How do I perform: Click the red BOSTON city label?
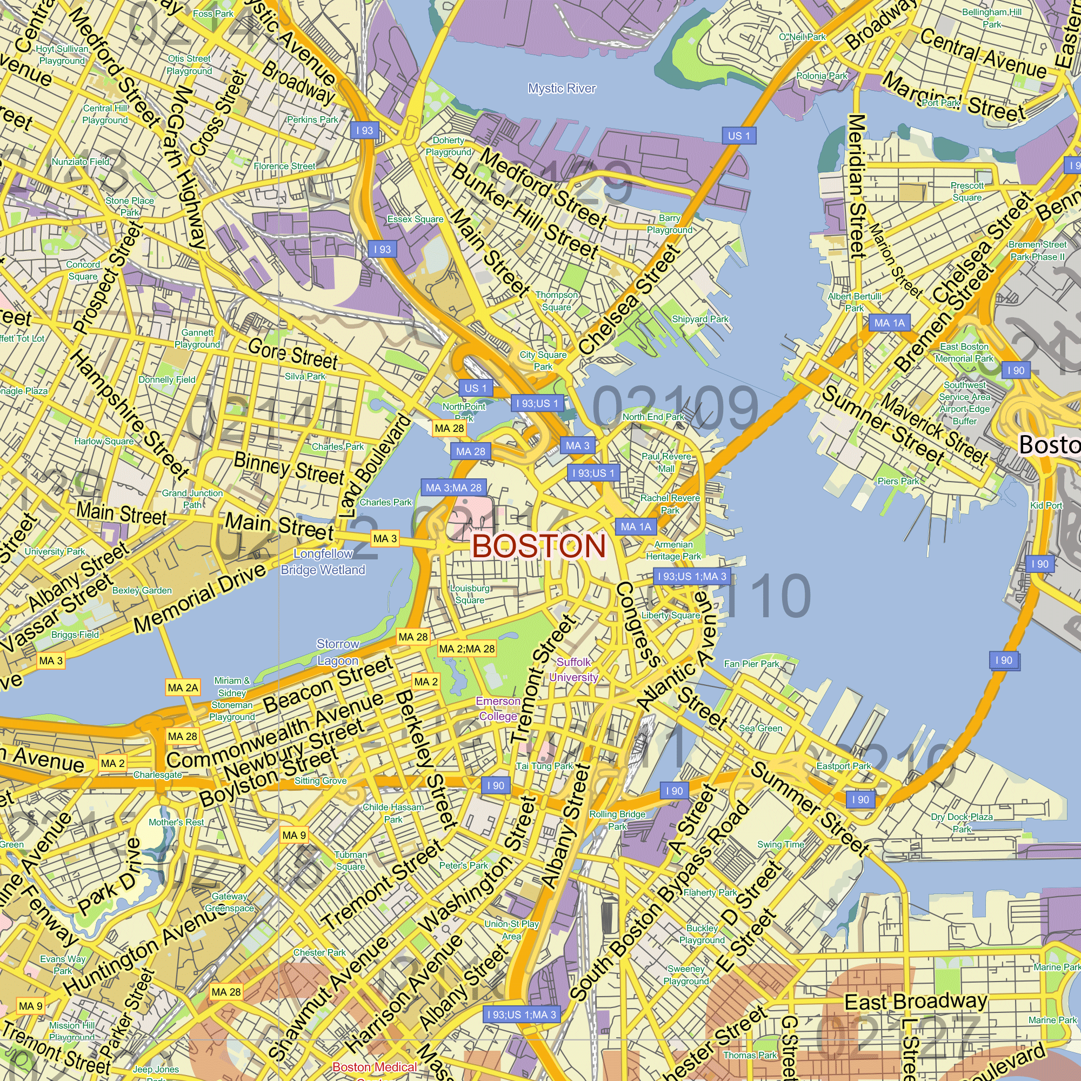click(539, 546)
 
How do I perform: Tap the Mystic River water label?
click(562, 89)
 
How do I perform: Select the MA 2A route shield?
click(183, 688)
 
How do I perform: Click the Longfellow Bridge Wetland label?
click(323, 562)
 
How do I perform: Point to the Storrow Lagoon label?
click(337, 652)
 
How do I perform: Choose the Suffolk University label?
click(573, 670)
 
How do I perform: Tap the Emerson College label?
click(498, 709)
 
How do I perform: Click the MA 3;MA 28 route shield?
click(453, 488)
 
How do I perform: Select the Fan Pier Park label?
click(751, 664)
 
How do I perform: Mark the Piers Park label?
click(898, 481)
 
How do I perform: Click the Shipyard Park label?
click(700, 319)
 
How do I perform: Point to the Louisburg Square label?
click(470, 594)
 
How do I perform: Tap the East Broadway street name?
click(916, 1002)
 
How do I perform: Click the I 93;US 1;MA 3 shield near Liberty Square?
click(692, 576)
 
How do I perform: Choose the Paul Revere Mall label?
click(666, 462)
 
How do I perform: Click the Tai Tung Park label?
click(544, 766)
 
